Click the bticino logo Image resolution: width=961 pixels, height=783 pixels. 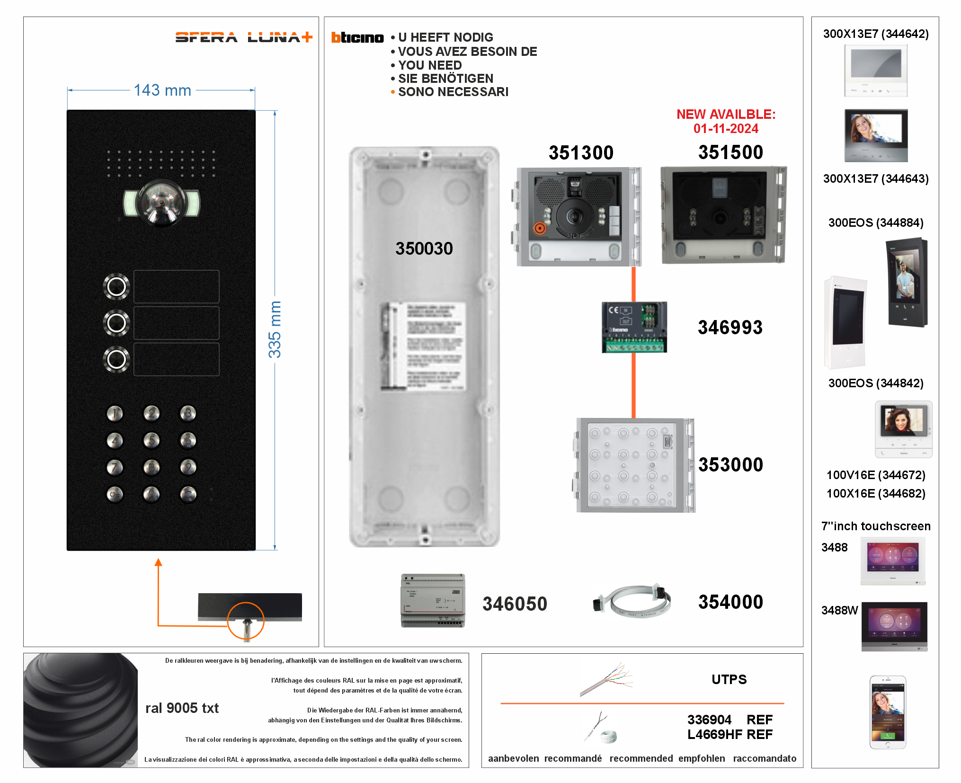tap(357, 37)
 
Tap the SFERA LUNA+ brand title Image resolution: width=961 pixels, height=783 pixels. tap(243, 37)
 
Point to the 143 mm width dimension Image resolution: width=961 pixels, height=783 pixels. tap(162, 90)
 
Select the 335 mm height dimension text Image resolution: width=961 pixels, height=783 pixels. tap(275, 329)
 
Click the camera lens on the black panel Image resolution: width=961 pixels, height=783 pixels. tap(161, 202)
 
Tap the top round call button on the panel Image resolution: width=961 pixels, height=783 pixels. tap(116, 286)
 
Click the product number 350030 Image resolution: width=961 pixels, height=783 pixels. tap(424, 248)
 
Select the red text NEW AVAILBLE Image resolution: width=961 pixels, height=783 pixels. tap(725, 115)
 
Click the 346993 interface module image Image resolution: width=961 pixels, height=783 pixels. tap(634, 327)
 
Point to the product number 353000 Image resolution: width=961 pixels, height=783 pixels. tap(730, 464)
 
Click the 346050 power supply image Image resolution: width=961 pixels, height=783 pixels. tap(433, 601)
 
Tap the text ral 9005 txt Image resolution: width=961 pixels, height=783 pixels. tap(182, 708)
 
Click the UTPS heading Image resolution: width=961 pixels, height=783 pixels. tap(729, 679)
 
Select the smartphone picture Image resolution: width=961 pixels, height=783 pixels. tap(888, 712)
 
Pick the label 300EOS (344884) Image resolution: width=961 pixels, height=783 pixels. tap(875, 222)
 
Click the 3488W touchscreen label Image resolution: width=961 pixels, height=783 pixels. tap(839, 610)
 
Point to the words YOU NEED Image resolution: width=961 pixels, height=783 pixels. tap(429, 65)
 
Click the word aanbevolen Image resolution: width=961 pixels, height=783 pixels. tap(513, 758)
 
